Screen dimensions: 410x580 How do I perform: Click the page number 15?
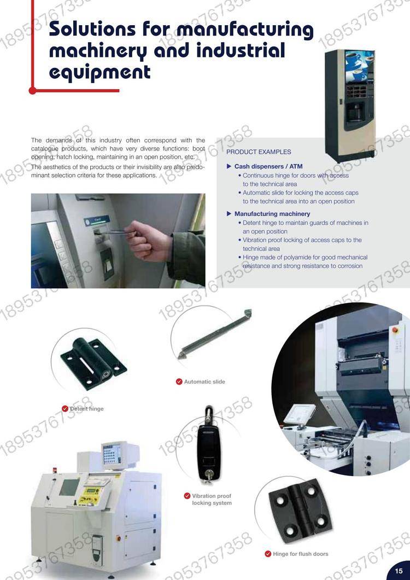point(399,571)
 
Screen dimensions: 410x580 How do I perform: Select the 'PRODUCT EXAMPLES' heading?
point(259,152)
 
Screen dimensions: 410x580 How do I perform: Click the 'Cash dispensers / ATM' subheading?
point(268,166)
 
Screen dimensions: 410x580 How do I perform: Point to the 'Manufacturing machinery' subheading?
point(272,214)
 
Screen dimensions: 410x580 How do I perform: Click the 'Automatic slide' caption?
point(204,382)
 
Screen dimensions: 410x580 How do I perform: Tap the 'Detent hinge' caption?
point(87,409)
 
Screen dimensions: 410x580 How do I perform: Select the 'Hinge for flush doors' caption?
point(301,554)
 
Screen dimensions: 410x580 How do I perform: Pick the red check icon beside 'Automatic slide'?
point(179,382)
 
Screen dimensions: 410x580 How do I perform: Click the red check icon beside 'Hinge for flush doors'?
point(268,554)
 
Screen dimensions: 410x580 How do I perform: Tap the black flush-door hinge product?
point(300,511)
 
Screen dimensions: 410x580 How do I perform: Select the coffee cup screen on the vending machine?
point(359,67)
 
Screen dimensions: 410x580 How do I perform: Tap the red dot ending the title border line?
point(33,90)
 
